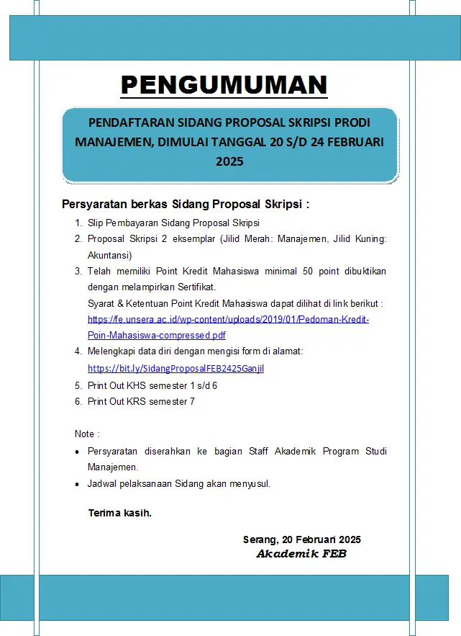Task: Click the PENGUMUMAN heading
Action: coord(224,85)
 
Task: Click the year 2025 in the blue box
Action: coord(229,161)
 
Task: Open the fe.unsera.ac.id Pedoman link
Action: coord(228,319)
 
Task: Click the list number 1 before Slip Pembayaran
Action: coord(78,223)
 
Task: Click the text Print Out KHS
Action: coord(117,385)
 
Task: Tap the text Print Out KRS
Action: coord(117,401)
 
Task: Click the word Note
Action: coord(85,434)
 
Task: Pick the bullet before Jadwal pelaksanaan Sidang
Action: coord(78,484)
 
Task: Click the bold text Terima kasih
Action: coord(119,514)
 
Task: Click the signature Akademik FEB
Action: coord(301,554)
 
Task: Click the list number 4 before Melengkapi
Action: coord(78,351)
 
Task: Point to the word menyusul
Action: coord(249,483)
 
